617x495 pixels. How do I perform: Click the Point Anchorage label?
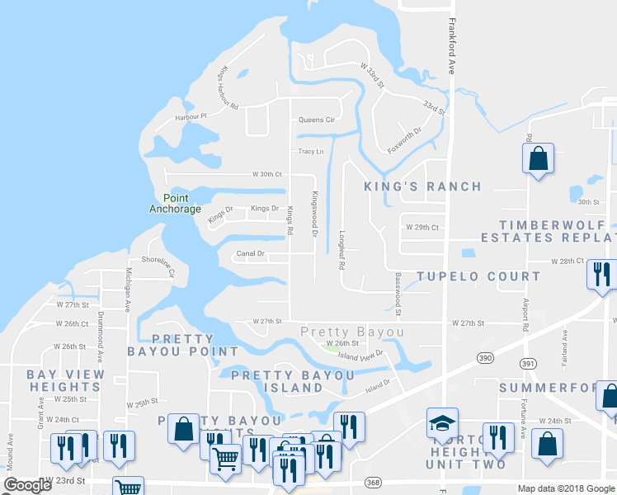tap(175, 203)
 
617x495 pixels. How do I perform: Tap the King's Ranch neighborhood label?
tap(422, 186)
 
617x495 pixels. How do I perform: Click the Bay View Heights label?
tap(66, 380)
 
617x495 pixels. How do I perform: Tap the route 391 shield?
tap(528, 363)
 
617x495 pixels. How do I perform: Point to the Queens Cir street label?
tap(316, 120)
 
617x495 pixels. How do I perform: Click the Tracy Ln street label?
tap(310, 152)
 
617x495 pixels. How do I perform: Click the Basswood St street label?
tap(397, 295)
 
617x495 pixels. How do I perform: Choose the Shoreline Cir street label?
tap(158, 266)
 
